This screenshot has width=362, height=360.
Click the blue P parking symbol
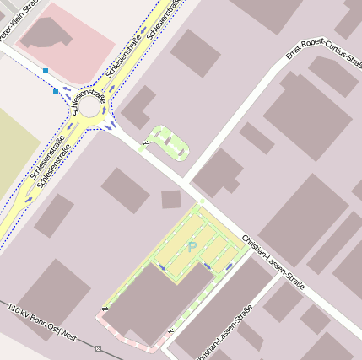pos(192,246)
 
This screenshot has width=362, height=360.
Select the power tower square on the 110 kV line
pos(98,347)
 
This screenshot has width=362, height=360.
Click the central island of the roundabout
pos(89,107)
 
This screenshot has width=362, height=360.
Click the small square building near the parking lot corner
pos(171,200)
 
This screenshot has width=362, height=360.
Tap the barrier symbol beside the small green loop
pos(146,144)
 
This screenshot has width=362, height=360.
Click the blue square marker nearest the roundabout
pos(56,90)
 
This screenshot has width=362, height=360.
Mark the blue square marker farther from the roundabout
pos(45,71)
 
